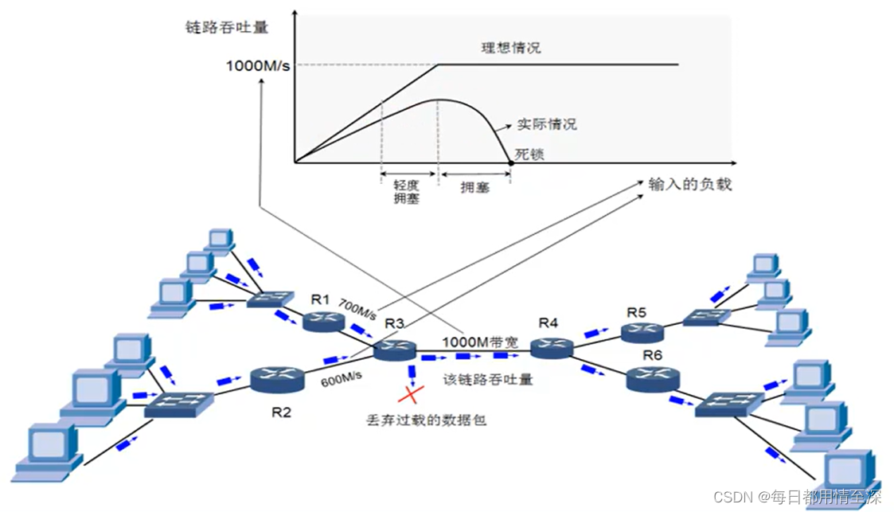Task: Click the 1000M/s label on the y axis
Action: pyautogui.click(x=259, y=65)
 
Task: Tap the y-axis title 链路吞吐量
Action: pyautogui.click(x=225, y=28)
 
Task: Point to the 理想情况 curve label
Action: pyautogui.click(x=510, y=48)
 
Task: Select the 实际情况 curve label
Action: pyautogui.click(x=546, y=124)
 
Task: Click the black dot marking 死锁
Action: pyautogui.click(x=510, y=163)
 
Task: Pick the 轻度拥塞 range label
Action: pyautogui.click(x=406, y=191)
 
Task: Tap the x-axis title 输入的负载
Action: pyautogui.click(x=689, y=185)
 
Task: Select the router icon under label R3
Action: pyautogui.click(x=395, y=349)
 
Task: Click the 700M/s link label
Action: pyautogui.click(x=357, y=309)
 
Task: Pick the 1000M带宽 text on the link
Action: pyautogui.click(x=479, y=342)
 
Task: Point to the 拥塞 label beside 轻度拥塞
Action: pyautogui.click(x=474, y=187)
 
